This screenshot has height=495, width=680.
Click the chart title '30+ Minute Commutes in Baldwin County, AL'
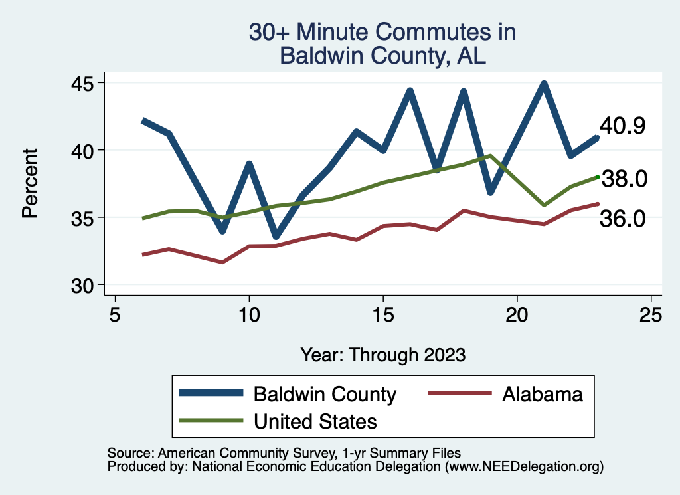(382, 43)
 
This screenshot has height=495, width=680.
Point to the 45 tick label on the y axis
(82, 83)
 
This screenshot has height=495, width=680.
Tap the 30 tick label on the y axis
(82, 286)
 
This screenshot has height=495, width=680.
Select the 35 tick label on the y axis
(82, 218)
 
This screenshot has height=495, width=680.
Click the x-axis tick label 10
(250, 314)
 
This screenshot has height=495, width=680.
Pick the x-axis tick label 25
(651, 314)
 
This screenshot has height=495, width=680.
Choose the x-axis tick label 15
(383, 314)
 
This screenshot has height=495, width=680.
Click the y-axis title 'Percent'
(30, 183)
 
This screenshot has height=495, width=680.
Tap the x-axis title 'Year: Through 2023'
(383, 355)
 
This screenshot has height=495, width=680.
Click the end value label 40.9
(622, 126)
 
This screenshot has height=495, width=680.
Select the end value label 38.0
(624, 179)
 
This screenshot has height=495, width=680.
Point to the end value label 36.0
(622, 218)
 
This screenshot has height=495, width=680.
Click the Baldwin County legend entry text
(325, 395)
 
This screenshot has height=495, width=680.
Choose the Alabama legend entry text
(542, 395)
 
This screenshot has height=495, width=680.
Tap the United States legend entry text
(315, 421)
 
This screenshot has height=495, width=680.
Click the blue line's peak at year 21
(544, 84)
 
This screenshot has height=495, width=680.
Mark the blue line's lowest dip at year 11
(276, 237)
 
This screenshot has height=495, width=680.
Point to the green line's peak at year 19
(490, 155)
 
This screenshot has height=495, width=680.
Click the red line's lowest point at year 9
(222, 262)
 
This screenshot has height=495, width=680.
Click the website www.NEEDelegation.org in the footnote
(525, 467)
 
